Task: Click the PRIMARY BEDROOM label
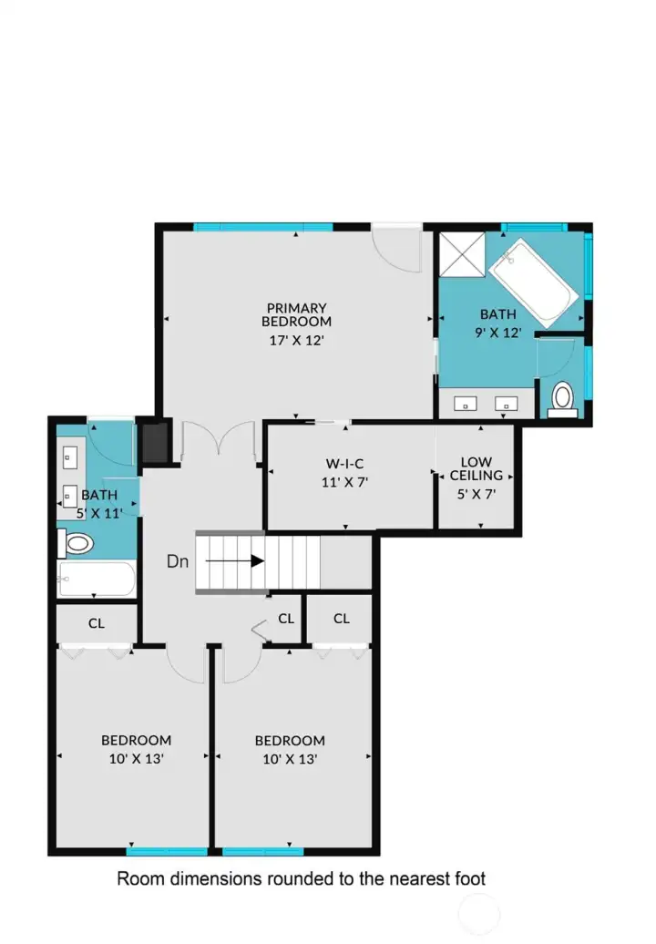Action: [296, 314]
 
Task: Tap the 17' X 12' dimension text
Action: [296, 340]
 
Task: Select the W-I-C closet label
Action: [344, 461]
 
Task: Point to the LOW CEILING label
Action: [477, 468]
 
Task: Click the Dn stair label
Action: [178, 561]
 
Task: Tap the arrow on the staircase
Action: [235, 561]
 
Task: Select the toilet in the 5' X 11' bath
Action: [78, 544]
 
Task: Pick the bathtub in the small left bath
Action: [97, 580]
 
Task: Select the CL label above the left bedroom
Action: [96, 624]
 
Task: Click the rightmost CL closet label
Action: [341, 619]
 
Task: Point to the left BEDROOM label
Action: [136, 740]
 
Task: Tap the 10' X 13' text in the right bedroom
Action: [290, 758]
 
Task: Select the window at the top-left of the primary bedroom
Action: [223, 227]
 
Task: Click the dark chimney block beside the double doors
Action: [156, 442]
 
